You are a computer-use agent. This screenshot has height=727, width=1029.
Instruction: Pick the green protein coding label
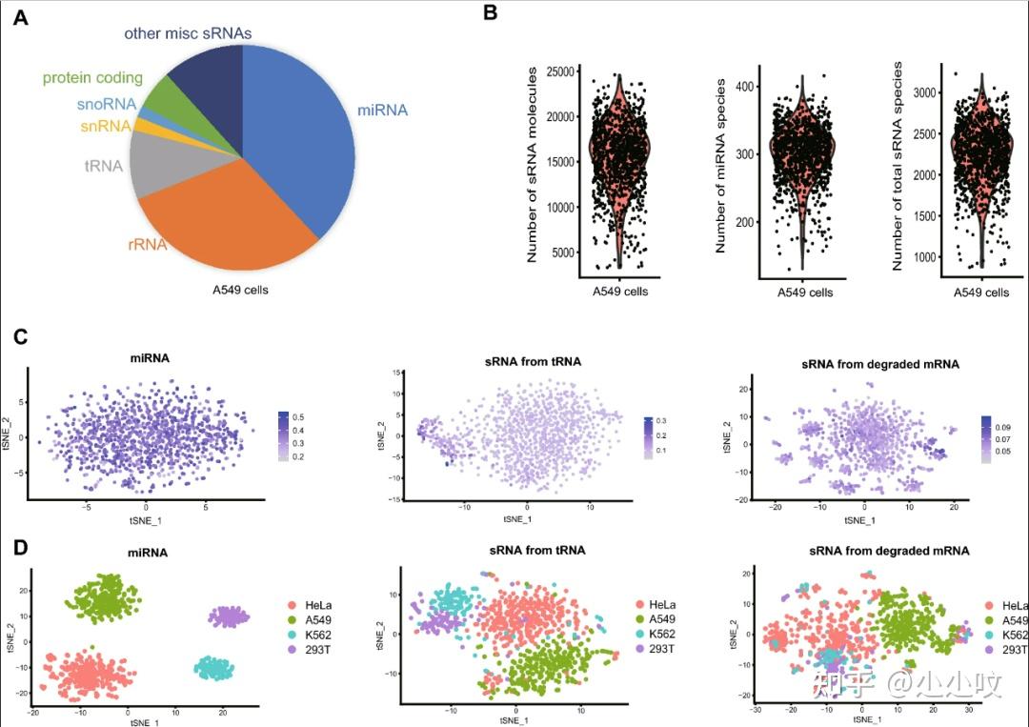[91, 78]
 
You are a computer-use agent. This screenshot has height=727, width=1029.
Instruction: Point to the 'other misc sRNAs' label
[187, 33]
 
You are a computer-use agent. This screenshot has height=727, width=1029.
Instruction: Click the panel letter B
[491, 13]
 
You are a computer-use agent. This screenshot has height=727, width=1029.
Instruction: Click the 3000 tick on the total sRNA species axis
[922, 92]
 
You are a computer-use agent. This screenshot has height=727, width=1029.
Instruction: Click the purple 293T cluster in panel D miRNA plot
[229, 617]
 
